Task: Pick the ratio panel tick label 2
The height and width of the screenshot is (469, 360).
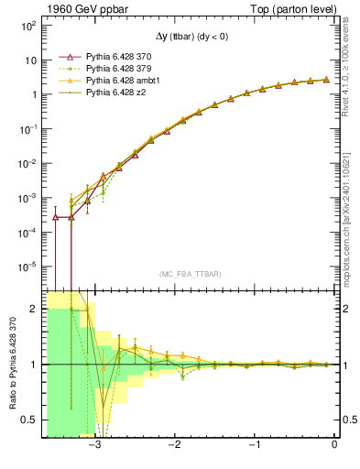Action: point(32,310)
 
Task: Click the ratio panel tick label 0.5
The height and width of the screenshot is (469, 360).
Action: point(28,420)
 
